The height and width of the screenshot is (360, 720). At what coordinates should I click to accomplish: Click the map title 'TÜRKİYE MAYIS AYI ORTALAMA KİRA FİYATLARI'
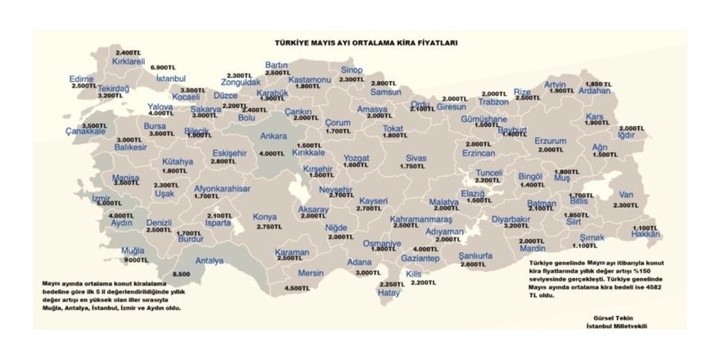click(x=365, y=42)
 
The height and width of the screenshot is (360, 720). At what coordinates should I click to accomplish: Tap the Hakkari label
click(x=646, y=234)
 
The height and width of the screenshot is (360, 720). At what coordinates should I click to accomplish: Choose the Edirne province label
click(x=83, y=79)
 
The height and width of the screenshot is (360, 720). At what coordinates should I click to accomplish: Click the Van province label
click(x=627, y=195)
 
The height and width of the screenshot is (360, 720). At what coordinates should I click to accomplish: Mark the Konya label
click(x=265, y=217)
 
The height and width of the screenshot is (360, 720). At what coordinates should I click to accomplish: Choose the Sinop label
click(x=351, y=70)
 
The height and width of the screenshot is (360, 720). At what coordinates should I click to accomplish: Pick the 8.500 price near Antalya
click(x=182, y=274)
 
